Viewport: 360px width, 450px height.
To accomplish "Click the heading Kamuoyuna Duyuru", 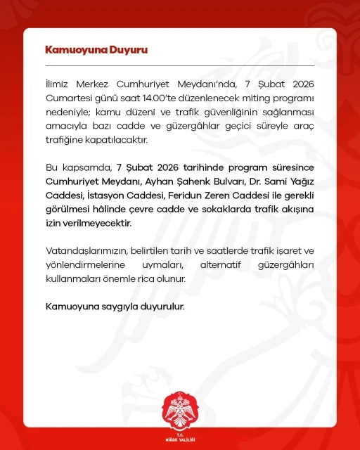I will (x=96, y=50).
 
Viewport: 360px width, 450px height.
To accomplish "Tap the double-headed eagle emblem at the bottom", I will (x=179, y=407).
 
